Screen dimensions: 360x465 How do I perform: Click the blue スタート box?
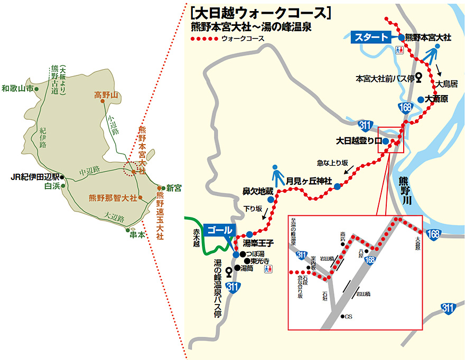coord(372,37)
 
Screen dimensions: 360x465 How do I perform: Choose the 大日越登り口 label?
coord(359,141)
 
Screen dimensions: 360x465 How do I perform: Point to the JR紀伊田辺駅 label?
coord(35,177)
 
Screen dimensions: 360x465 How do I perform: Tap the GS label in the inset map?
coord(348,317)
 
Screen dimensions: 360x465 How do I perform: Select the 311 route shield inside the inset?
coord(302,255)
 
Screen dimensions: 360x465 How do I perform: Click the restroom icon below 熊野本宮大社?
coord(399,50)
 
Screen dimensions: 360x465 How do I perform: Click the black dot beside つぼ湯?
coord(241,254)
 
